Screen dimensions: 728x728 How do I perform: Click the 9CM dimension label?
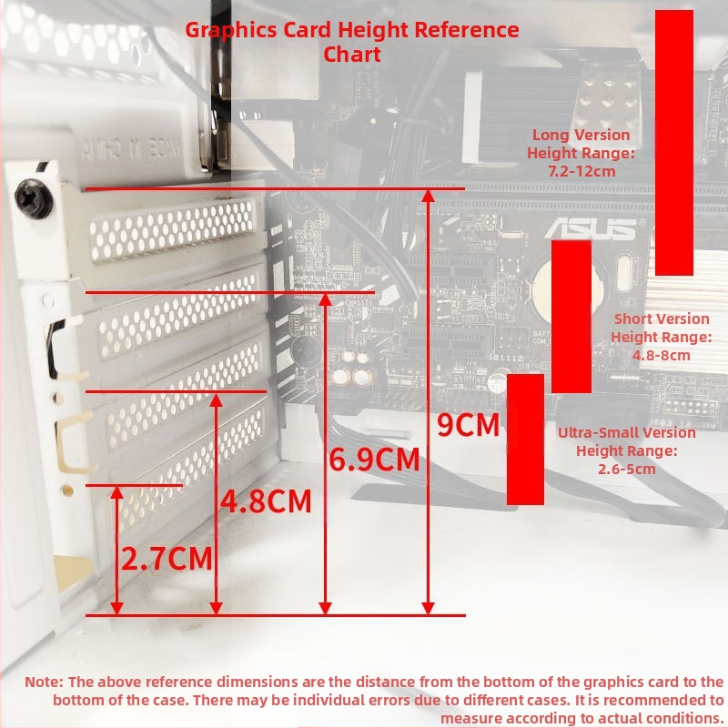pyautogui.click(x=468, y=425)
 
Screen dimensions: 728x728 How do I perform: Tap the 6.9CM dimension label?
pyautogui.click(x=374, y=460)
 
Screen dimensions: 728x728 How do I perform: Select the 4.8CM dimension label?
pyautogui.click(x=266, y=501)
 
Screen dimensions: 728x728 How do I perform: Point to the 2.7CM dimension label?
pyautogui.click(x=167, y=558)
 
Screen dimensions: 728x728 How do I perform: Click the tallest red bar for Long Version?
pyautogui.click(x=674, y=143)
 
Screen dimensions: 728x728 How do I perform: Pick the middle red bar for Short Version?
pyautogui.click(x=571, y=316)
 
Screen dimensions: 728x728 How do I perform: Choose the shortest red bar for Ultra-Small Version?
pyautogui.click(x=525, y=440)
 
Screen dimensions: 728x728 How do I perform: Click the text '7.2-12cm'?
pyautogui.click(x=581, y=171)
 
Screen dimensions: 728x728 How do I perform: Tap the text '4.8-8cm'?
pyautogui.click(x=662, y=356)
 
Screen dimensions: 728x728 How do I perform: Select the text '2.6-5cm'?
pyautogui.click(x=627, y=469)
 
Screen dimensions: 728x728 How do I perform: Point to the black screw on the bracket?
pyautogui.click(x=34, y=198)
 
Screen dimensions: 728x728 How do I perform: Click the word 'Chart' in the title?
pyautogui.click(x=352, y=55)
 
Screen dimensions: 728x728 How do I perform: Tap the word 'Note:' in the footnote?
pyautogui.click(x=44, y=682)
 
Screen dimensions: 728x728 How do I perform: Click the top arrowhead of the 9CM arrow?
pyautogui.click(x=428, y=196)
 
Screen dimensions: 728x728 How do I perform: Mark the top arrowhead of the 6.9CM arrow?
pyautogui.click(x=326, y=299)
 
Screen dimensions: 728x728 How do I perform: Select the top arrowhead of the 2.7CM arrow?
pyautogui.click(x=117, y=492)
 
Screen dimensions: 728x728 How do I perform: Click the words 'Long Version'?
pyautogui.click(x=581, y=135)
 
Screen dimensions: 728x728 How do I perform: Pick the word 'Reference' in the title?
pyautogui.click(x=467, y=30)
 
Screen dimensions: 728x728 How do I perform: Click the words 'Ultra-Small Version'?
pyautogui.click(x=627, y=433)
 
